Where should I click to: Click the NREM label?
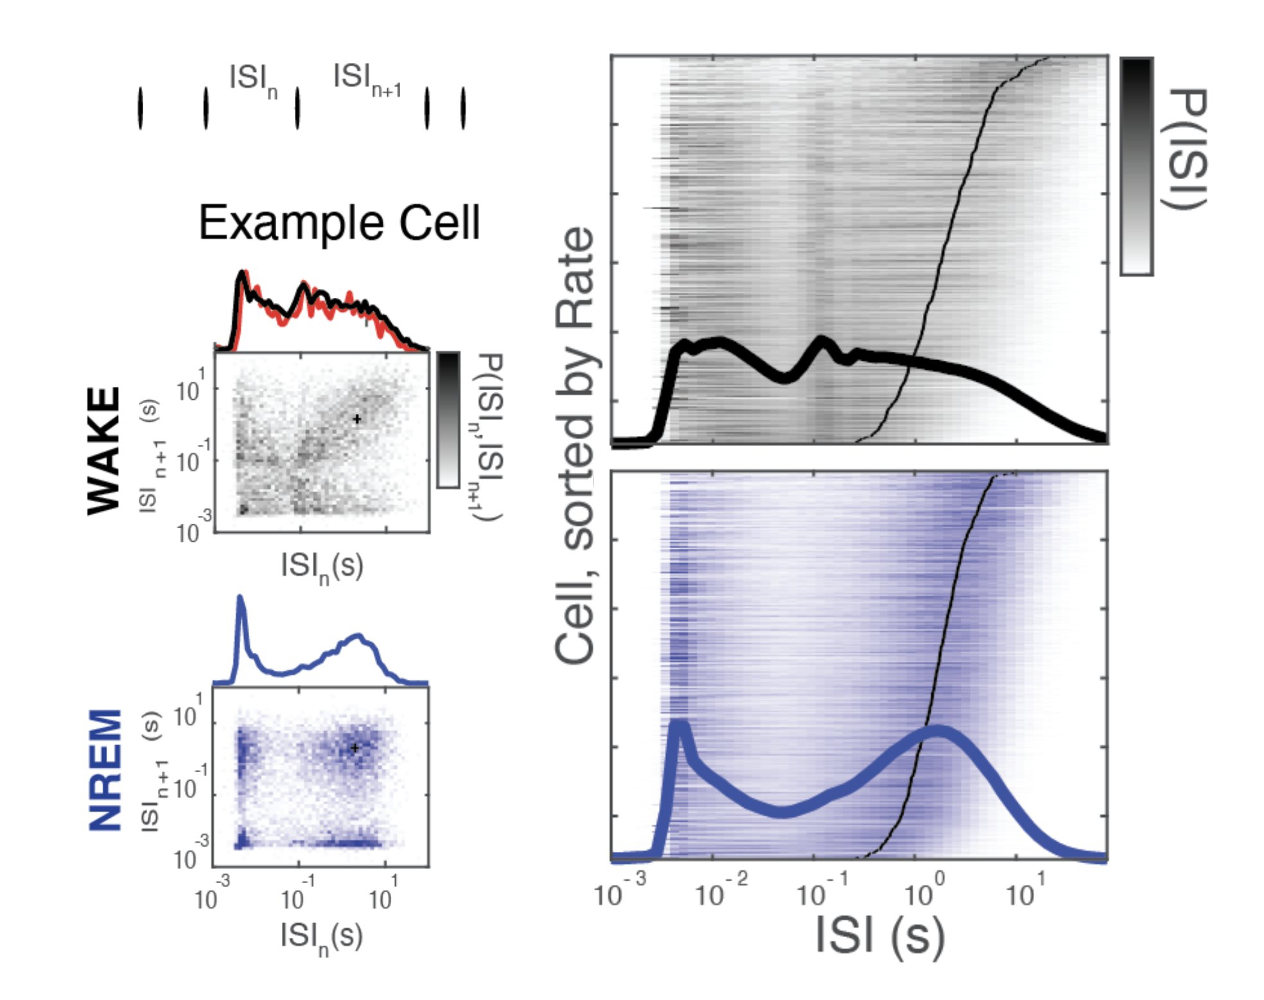coord(105,770)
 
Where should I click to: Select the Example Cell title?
coord(339,223)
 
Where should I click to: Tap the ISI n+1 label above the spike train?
coord(367,80)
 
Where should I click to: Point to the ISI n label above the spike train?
coord(253,80)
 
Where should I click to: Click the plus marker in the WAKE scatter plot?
coord(357,419)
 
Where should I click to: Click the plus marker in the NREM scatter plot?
coord(355,748)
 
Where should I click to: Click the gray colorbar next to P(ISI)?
coord(1136,166)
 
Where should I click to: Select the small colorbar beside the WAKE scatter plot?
coord(448,420)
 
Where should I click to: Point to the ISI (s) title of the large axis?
coord(880,935)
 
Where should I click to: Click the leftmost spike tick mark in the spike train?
coord(141,108)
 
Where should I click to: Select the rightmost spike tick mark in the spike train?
coord(463,108)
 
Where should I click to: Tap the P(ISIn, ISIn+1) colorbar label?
coord(489,436)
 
